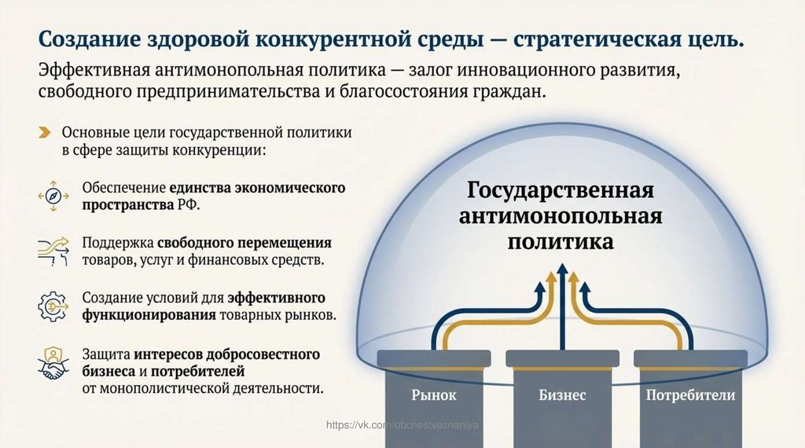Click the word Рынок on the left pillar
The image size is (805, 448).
pyautogui.click(x=433, y=395)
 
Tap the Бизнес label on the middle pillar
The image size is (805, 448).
pyautogui.click(x=562, y=395)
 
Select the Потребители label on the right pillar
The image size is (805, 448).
pyautogui.click(x=690, y=395)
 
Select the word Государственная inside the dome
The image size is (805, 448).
pyautogui.click(x=561, y=191)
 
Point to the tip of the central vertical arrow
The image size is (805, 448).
pyautogui.click(x=562, y=268)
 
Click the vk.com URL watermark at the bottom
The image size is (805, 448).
pyautogui.click(x=402, y=425)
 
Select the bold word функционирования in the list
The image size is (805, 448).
pyautogui.click(x=149, y=315)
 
